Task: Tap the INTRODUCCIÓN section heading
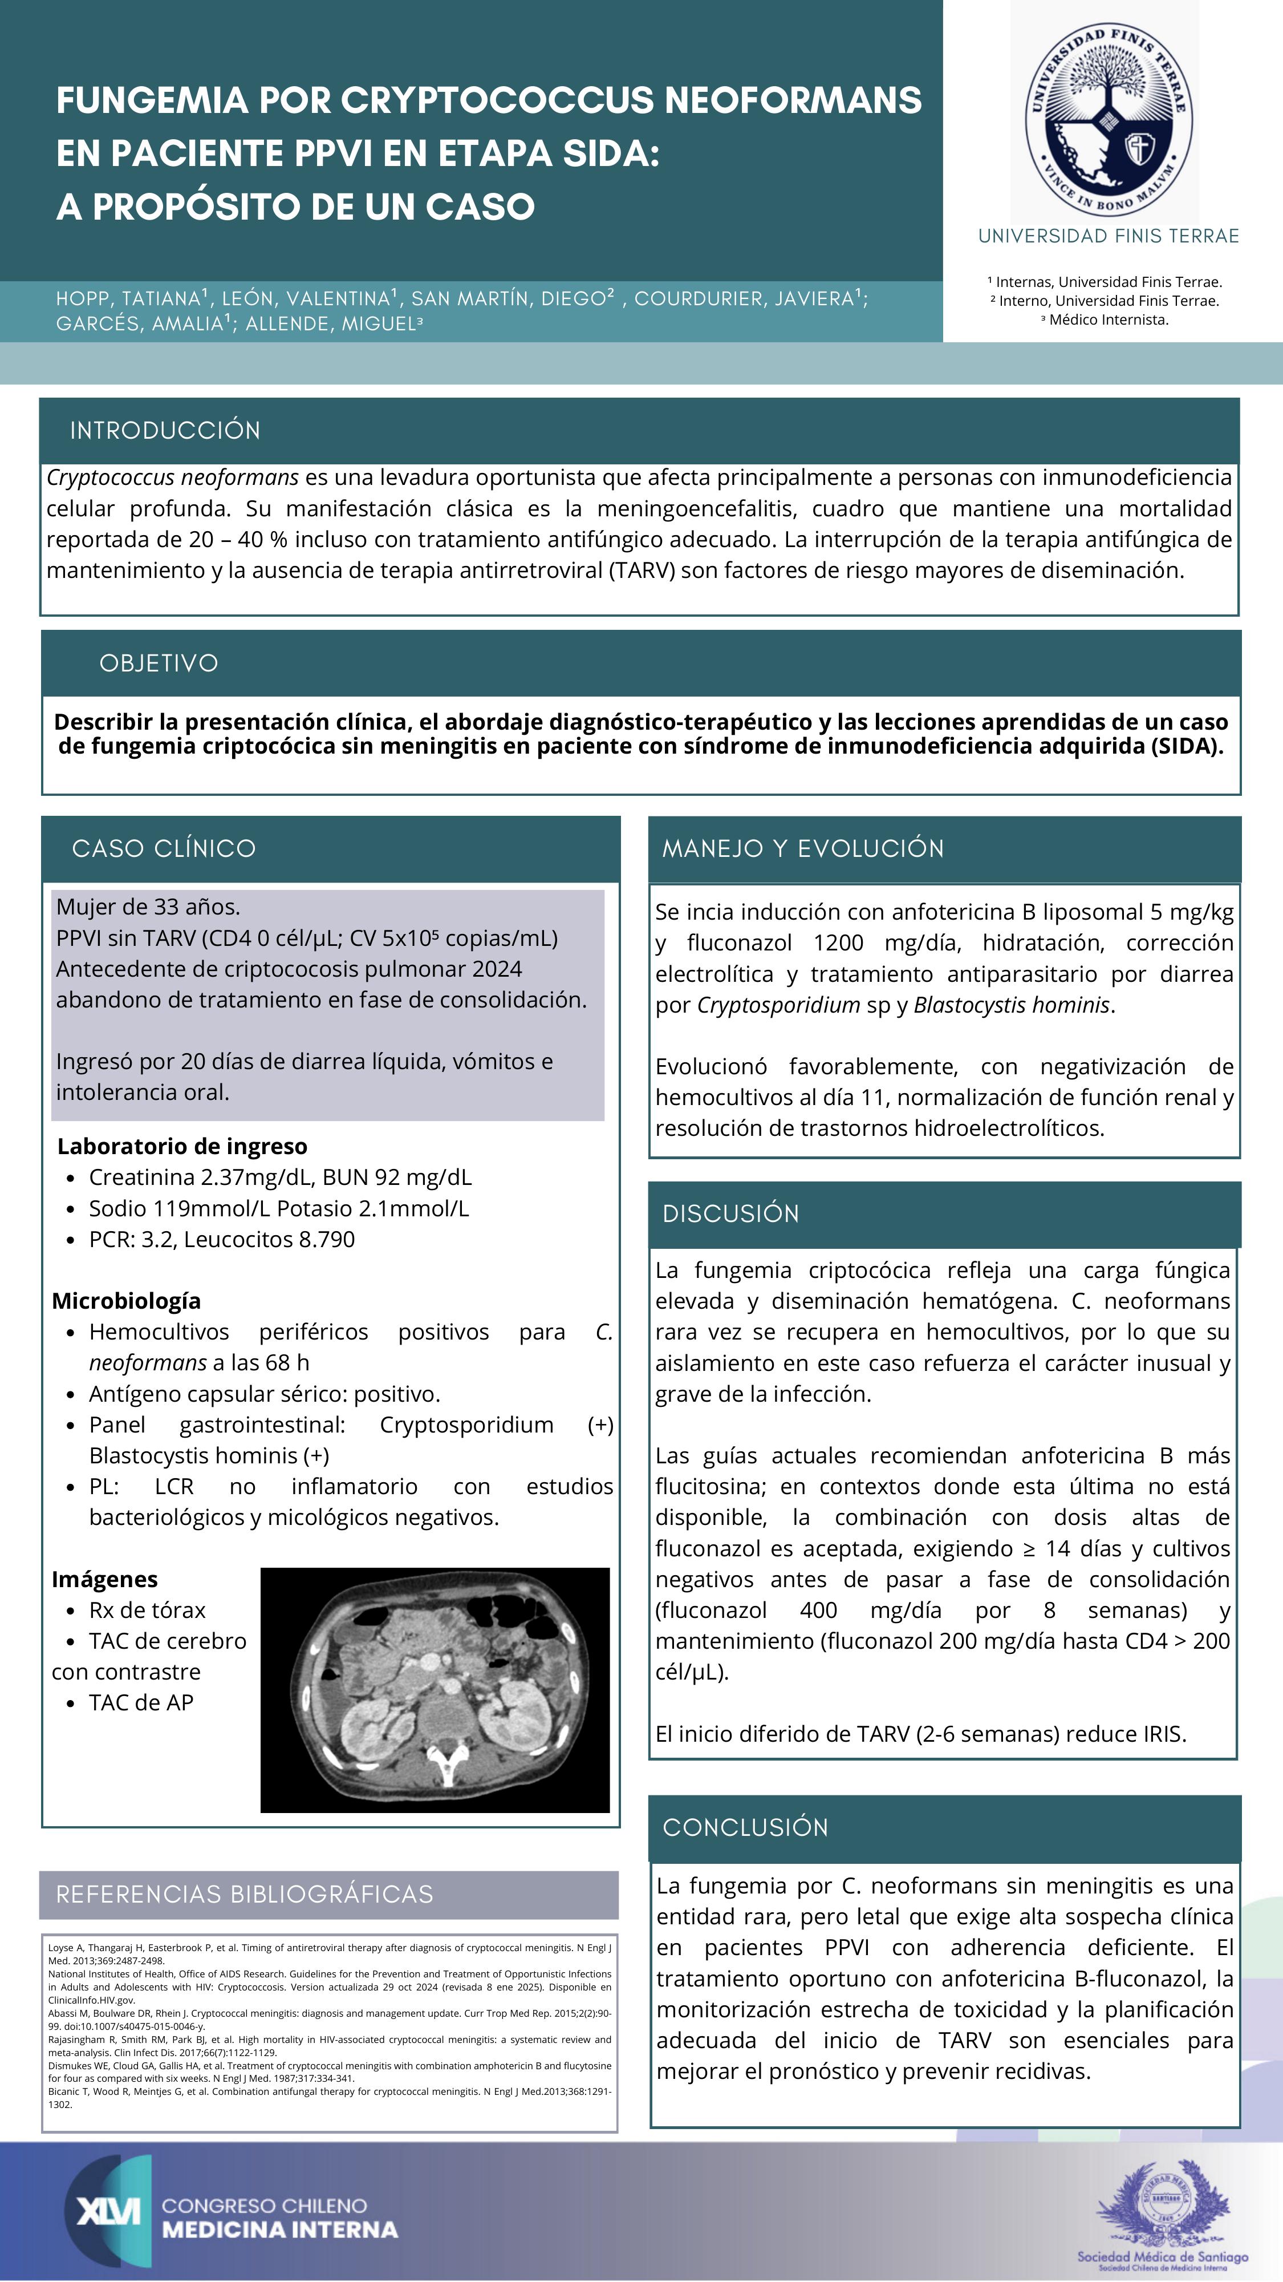pyautogui.click(x=165, y=431)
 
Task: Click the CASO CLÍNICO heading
pyautogui.click(x=164, y=849)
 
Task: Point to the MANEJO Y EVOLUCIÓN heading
pyautogui.click(x=803, y=849)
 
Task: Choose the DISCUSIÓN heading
pyautogui.click(x=730, y=1213)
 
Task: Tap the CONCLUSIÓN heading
pyautogui.click(x=745, y=1827)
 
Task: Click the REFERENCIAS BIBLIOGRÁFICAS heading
pyautogui.click(x=245, y=1895)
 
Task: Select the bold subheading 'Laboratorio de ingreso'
pyautogui.click(x=182, y=1146)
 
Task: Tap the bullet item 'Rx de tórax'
pyautogui.click(x=147, y=1611)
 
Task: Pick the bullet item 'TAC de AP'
pyautogui.click(x=141, y=1702)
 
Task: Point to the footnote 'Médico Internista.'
pyautogui.click(x=1108, y=320)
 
